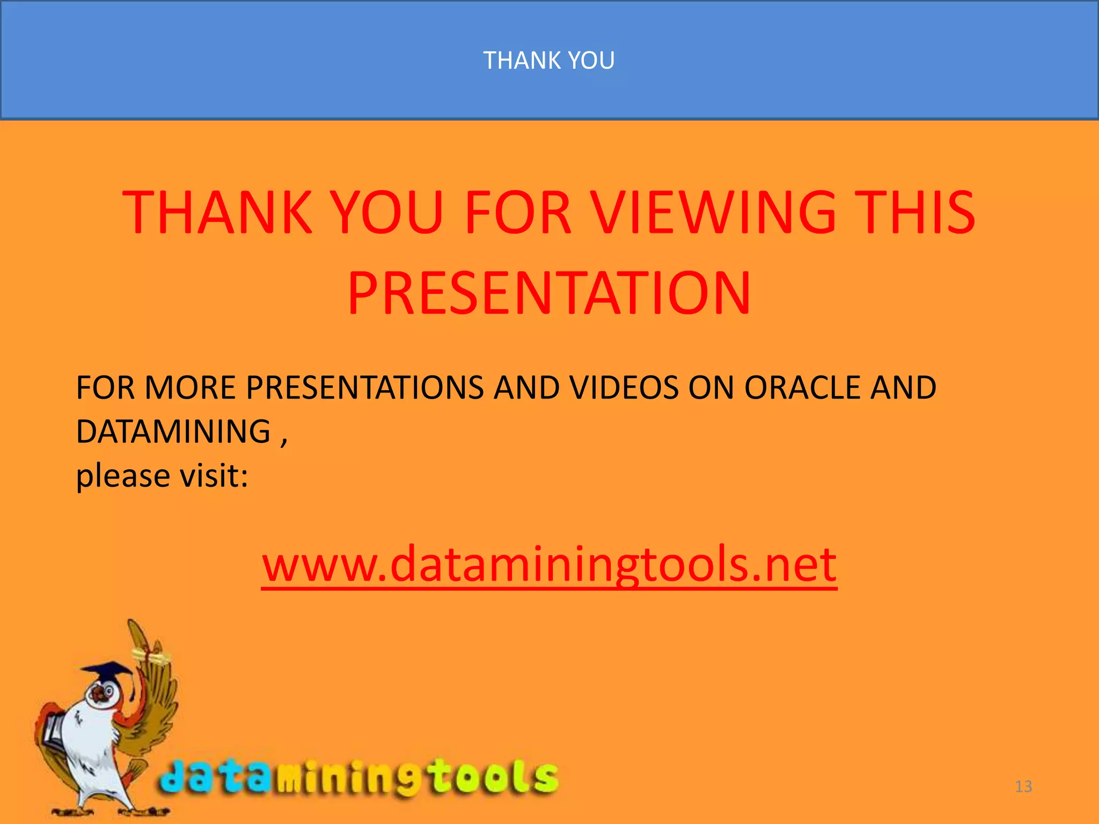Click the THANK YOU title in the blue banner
549,60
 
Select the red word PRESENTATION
549,293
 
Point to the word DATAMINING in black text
173,431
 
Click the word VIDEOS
624,387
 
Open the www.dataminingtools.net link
549,564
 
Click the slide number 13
1023,786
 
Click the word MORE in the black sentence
190,387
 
